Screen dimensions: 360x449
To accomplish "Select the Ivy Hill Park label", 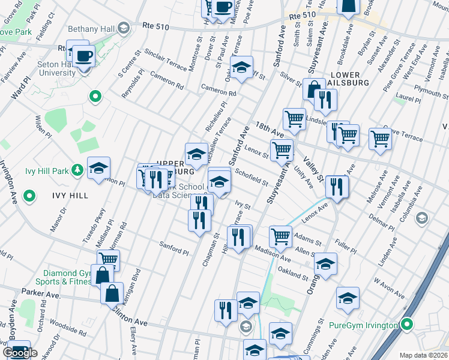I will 47,170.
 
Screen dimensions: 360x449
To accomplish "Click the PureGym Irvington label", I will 364,325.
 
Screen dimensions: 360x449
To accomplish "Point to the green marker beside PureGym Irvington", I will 407,325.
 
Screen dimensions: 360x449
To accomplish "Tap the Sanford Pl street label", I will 174,245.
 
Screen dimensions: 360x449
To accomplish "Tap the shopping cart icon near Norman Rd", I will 108,259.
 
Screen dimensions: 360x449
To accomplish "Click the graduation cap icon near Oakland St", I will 325,263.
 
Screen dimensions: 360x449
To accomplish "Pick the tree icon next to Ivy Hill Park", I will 77,170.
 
